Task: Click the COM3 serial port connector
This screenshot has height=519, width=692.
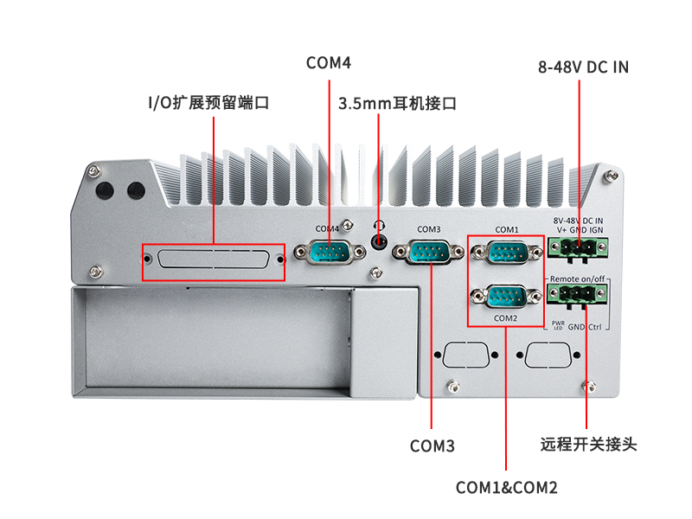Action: pos(428,253)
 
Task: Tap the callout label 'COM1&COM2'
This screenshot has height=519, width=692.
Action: pos(506,488)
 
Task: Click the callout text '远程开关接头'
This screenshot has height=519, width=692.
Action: pos(587,445)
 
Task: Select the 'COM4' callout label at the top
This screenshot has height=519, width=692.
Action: pos(328,63)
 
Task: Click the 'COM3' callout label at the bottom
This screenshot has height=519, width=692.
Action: pos(432,446)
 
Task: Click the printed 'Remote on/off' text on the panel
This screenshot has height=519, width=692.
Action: pos(578,279)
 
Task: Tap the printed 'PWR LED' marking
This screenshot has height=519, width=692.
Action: pos(558,326)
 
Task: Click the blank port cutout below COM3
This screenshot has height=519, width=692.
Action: pos(464,356)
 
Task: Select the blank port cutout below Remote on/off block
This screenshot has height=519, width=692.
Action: pos(548,356)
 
